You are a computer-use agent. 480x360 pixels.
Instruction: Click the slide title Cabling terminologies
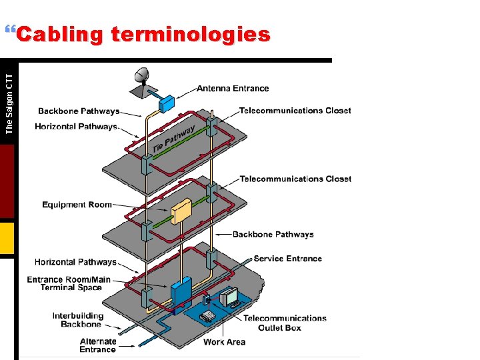[143, 35]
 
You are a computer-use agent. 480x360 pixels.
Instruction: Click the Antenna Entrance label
[233, 89]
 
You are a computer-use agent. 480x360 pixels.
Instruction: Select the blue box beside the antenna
[166, 103]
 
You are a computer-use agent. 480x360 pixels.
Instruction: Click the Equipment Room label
[77, 205]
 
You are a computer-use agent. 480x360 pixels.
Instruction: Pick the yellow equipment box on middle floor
[181, 213]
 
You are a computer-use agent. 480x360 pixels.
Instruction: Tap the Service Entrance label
[287, 259]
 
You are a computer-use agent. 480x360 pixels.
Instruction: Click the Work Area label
[224, 342]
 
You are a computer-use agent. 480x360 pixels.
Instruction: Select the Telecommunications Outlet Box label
[285, 323]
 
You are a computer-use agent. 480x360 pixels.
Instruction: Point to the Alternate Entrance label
[98, 345]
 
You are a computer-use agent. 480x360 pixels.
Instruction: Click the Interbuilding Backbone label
[79, 320]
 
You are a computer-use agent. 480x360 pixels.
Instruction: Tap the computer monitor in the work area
[231, 295]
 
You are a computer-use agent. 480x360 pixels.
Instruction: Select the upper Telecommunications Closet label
[295, 111]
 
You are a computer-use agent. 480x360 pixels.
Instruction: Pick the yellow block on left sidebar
[7, 238]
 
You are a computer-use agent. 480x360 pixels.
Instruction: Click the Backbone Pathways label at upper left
[79, 111]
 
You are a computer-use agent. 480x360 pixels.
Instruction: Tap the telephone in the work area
[208, 314]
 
